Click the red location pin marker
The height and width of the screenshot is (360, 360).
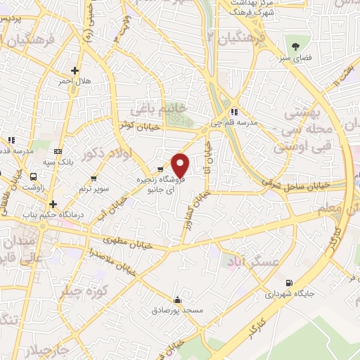click(x=181, y=165)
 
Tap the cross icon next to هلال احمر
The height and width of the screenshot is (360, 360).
click(x=75, y=70)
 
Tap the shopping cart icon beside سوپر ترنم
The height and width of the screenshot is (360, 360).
click(x=94, y=178)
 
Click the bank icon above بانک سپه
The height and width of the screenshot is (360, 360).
click(x=58, y=150)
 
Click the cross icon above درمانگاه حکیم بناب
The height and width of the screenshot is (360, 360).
click(x=53, y=203)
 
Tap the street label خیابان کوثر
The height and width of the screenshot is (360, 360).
click(x=136, y=124)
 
